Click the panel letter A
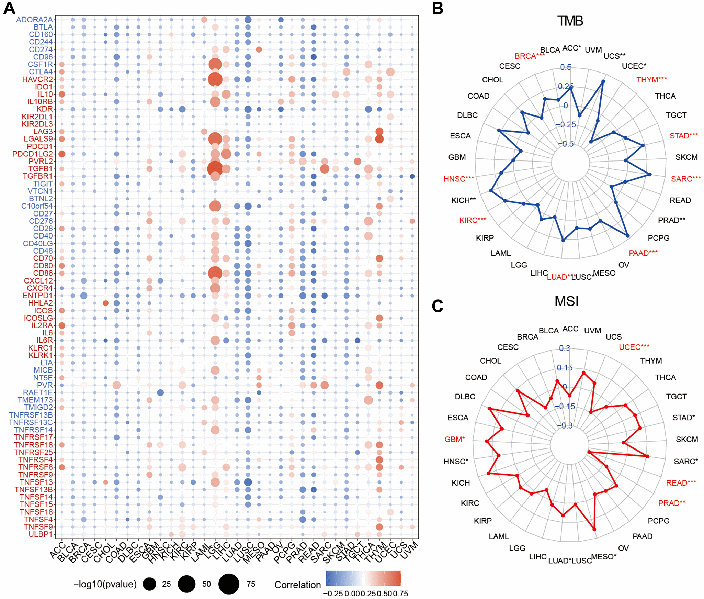(x=9, y=8)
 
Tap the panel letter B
(x=438, y=8)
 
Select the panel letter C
(x=438, y=306)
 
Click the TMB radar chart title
(x=570, y=21)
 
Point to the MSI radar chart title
(x=567, y=301)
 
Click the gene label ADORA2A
(x=34, y=20)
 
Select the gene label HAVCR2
(x=37, y=79)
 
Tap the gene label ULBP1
(x=41, y=534)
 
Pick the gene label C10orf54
(x=37, y=206)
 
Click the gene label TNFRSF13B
(x=31, y=415)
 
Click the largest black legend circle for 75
(x=229, y=584)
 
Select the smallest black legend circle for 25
(x=149, y=584)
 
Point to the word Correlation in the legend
(x=297, y=585)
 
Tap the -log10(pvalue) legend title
(x=105, y=584)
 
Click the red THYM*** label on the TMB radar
(x=651, y=80)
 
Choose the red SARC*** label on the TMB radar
(x=686, y=179)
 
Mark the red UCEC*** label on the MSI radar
(x=634, y=347)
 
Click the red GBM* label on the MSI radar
(x=454, y=440)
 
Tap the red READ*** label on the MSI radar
(x=681, y=483)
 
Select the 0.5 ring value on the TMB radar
(x=566, y=67)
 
